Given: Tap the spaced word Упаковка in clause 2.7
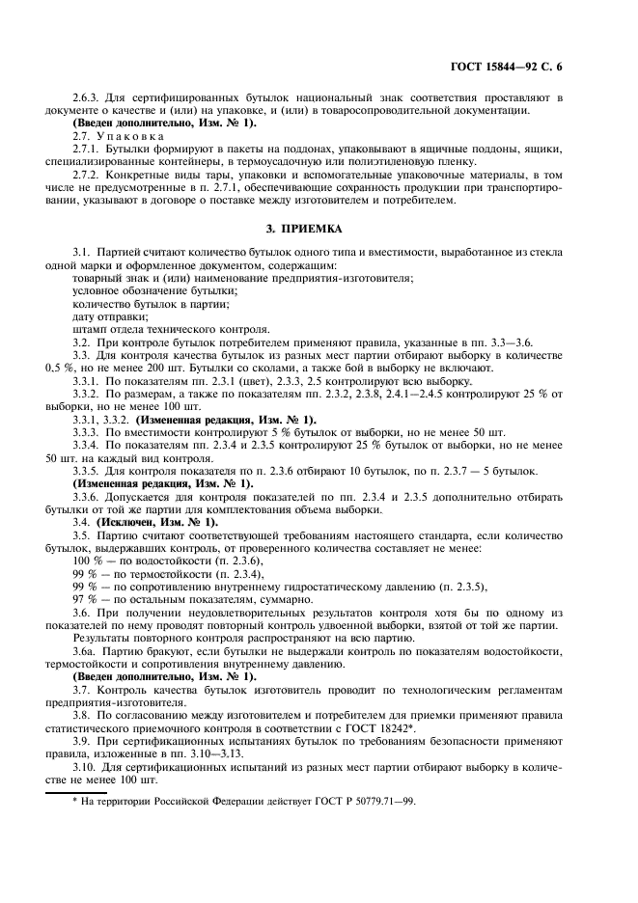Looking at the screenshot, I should coord(132,136).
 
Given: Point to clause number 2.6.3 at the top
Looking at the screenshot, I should coord(89,98).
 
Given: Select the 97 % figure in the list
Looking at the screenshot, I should coord(86,599).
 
